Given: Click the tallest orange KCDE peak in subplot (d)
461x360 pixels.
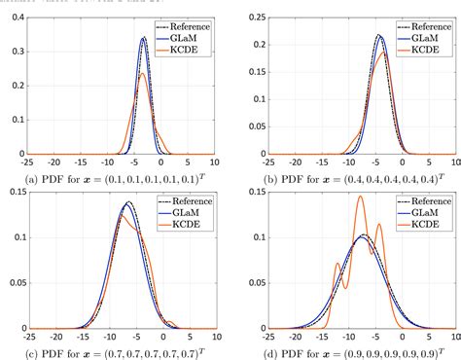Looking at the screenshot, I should pos(360,198).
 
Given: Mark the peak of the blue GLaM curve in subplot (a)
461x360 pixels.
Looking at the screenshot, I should pos(144,39).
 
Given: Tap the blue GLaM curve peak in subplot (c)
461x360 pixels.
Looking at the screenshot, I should pos(129,205).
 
